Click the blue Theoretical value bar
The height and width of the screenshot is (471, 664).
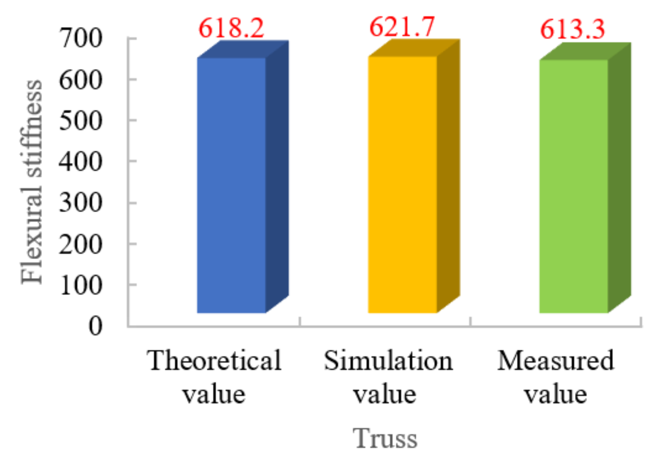(232, 185)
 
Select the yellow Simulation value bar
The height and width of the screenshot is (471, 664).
(403, 185)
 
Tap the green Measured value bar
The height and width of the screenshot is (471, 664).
(574, 187)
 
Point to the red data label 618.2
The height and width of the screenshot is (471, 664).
(231, 28)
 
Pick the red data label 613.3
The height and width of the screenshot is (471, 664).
(573, 29)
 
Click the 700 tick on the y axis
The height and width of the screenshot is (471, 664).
(81, 38)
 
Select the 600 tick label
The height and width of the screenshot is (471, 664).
(81, 80)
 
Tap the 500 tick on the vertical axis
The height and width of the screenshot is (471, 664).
(81, 121)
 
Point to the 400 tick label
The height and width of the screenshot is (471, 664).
(81, 162)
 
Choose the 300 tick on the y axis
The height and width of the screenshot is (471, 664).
(81, 203)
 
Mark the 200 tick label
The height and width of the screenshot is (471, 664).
(81, 244)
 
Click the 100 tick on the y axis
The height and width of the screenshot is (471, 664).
(81, 285)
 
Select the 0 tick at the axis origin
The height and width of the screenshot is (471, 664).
(95, 326)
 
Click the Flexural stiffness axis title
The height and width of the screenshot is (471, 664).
(31, 181)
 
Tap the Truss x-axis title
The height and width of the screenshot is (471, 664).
(385, 438)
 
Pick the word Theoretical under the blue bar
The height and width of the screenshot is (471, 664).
(214, 360)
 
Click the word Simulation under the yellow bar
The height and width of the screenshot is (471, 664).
(388, 360)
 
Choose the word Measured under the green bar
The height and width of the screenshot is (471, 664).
(556, 360)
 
